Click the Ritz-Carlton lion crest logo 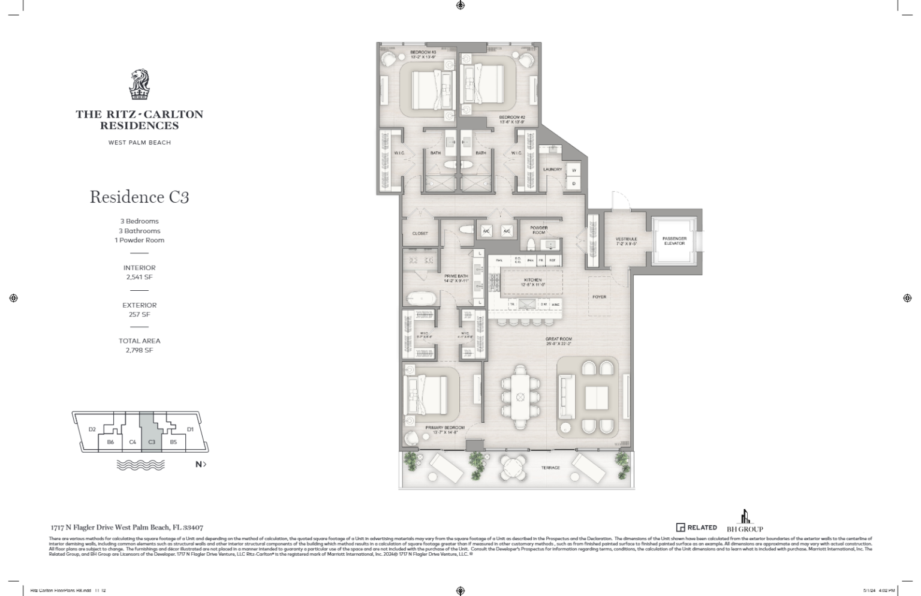[x=139, y=85]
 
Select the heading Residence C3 [x=139, y=197]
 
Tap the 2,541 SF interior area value [x=139, y=278]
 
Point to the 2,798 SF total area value [x=139, y=350]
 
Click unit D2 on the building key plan [x=92, y=429]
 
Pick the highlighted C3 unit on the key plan [x=152, y=442]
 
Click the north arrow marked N [x=200, y=464]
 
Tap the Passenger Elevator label [x=674, y=241]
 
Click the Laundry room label [x=552, y=170]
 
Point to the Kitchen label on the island [x=532, y=280]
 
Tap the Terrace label [x=550, y=468]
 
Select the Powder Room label [x=538, y=230]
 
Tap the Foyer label [x=599, y=297]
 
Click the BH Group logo [x=745, y=521]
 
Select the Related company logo [x=696, y=528]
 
